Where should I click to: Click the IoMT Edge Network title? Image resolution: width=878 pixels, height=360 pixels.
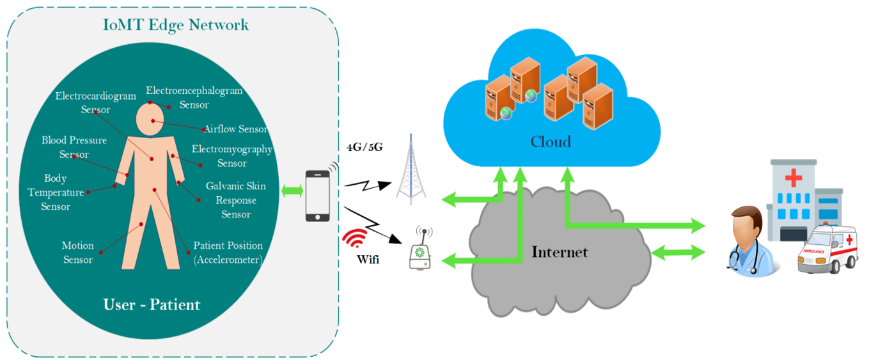point(176,25)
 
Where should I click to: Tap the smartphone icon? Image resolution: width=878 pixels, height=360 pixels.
point(318,195)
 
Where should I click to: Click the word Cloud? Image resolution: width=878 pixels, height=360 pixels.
point(550,141)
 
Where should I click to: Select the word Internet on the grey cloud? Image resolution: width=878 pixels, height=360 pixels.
point(559,252)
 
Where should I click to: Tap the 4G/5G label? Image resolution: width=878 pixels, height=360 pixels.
point(364,146)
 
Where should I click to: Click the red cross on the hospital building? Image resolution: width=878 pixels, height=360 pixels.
point(793,177)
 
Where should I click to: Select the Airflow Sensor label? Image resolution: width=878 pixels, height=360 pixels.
point(235,129)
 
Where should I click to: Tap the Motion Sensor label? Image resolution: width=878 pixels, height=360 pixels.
point(77,253)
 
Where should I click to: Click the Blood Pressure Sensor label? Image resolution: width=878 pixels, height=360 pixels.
point(74,147)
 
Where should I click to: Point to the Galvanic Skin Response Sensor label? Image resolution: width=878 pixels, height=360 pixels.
point(235,200)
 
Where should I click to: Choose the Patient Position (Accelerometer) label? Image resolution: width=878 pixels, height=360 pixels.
point(228,253)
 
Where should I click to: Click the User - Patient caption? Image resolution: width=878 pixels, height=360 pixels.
point(152,304)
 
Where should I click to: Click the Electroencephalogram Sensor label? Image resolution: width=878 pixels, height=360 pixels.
point(194,97)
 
